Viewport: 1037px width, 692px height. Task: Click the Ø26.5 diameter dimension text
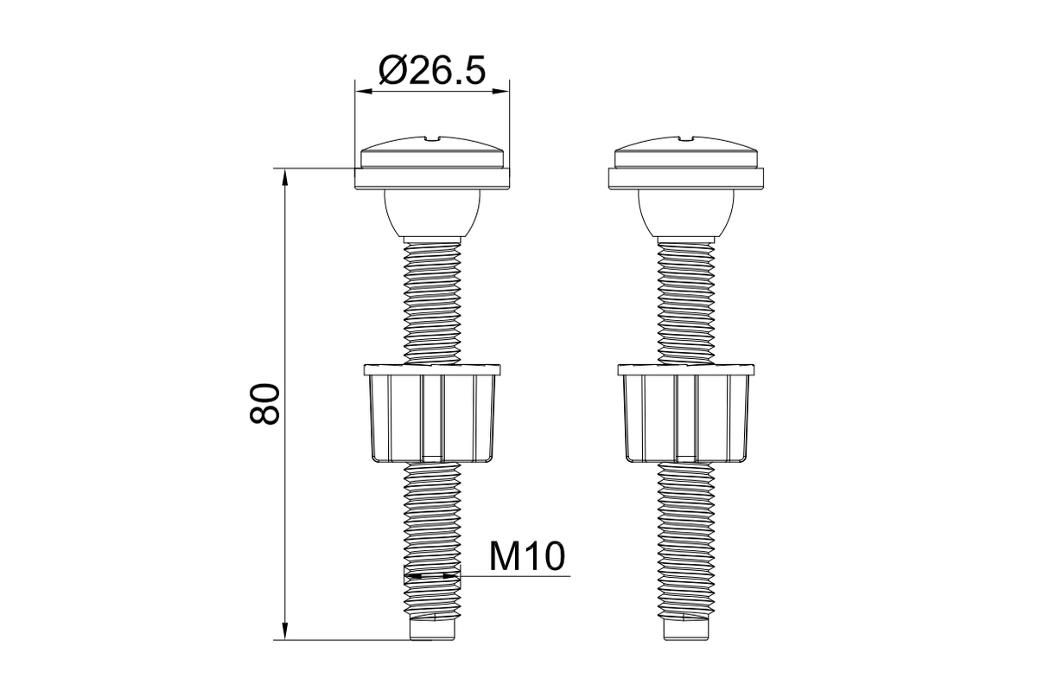432,70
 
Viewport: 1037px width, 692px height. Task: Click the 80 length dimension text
264,403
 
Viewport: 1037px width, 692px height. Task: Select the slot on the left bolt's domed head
432,138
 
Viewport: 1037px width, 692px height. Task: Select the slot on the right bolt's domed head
685,138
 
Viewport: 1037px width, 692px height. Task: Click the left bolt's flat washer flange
432,178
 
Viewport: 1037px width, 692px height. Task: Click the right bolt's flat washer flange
685,178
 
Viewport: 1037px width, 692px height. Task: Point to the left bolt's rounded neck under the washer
432,213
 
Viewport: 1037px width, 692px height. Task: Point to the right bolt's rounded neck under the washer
685,213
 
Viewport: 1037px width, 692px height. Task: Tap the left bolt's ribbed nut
432,413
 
